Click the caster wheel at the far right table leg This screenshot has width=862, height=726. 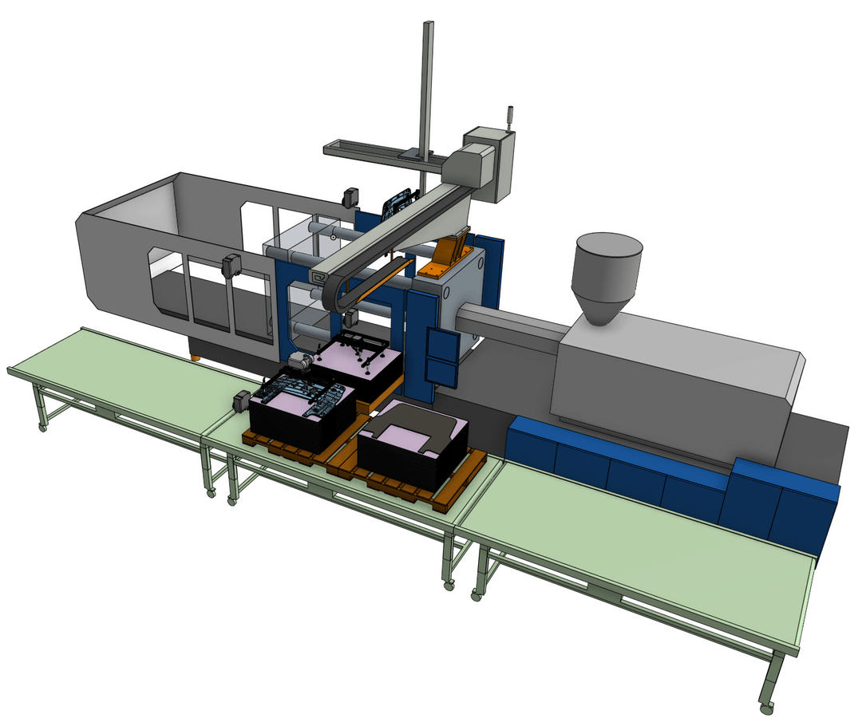(765, 707)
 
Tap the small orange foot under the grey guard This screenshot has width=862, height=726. (194, 356)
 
